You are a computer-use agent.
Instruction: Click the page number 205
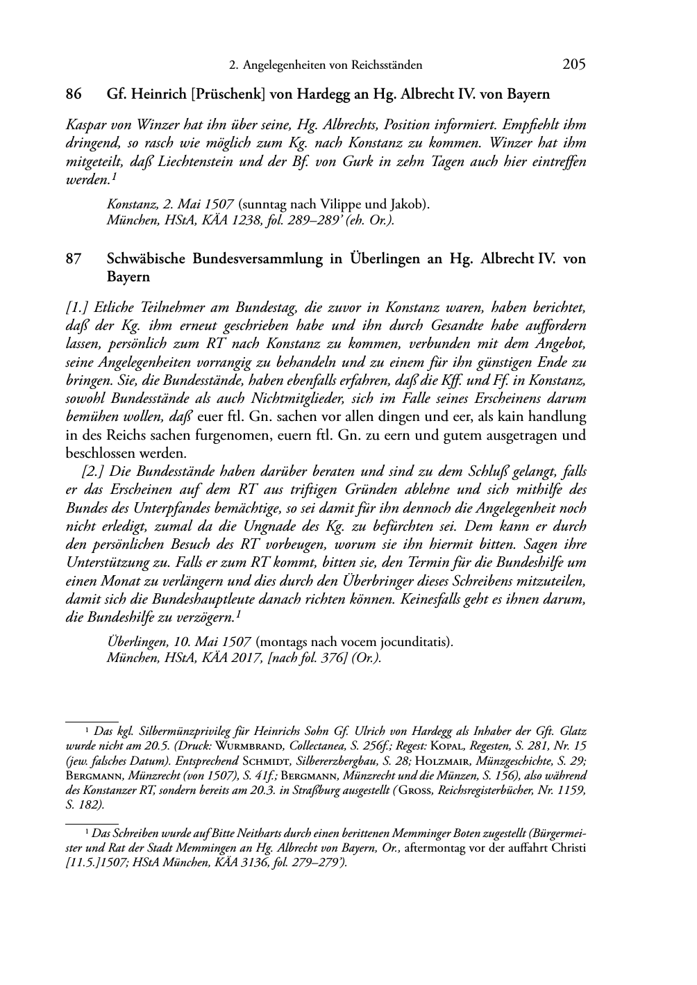coord(573,65)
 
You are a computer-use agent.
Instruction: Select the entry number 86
coord(74,94)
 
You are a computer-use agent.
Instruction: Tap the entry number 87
coord(74,258)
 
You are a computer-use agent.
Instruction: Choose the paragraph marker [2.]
coord(94,472)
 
